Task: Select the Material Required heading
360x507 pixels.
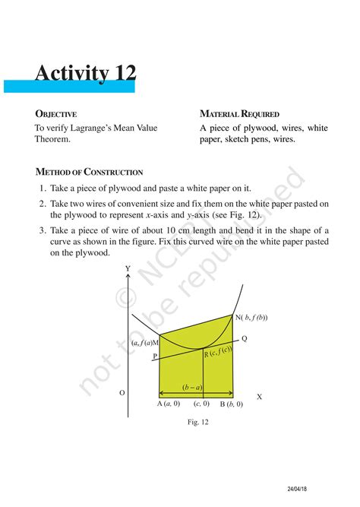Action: (239, 114)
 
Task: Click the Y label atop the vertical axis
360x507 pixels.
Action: (127, 270)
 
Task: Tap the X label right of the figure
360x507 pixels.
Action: (259, 397)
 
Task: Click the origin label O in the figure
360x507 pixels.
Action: (122, 393)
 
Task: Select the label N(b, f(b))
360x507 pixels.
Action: (251, 317)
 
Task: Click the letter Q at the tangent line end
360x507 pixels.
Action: (244, 339)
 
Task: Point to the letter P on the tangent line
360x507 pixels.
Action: (154, 355)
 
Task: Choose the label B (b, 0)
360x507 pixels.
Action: (231, 404)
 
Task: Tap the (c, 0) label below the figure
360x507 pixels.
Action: (201, 404)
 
